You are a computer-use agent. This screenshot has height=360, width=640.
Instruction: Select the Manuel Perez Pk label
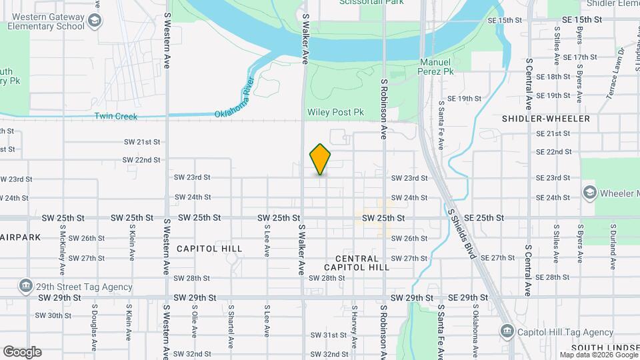coord(436,66)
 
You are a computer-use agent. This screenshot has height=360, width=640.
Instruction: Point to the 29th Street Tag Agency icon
coord(26,287)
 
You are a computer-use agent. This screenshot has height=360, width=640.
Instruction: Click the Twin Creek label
coord(115,117)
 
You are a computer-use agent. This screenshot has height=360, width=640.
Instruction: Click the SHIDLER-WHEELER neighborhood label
coord(545,119)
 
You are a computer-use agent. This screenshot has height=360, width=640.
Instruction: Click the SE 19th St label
coord(464,99)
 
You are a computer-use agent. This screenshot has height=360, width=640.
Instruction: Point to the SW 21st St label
coord(142,142)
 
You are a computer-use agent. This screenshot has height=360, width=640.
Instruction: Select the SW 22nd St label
coord(142,160)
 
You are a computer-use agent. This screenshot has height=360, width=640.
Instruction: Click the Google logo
coord(22,351)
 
